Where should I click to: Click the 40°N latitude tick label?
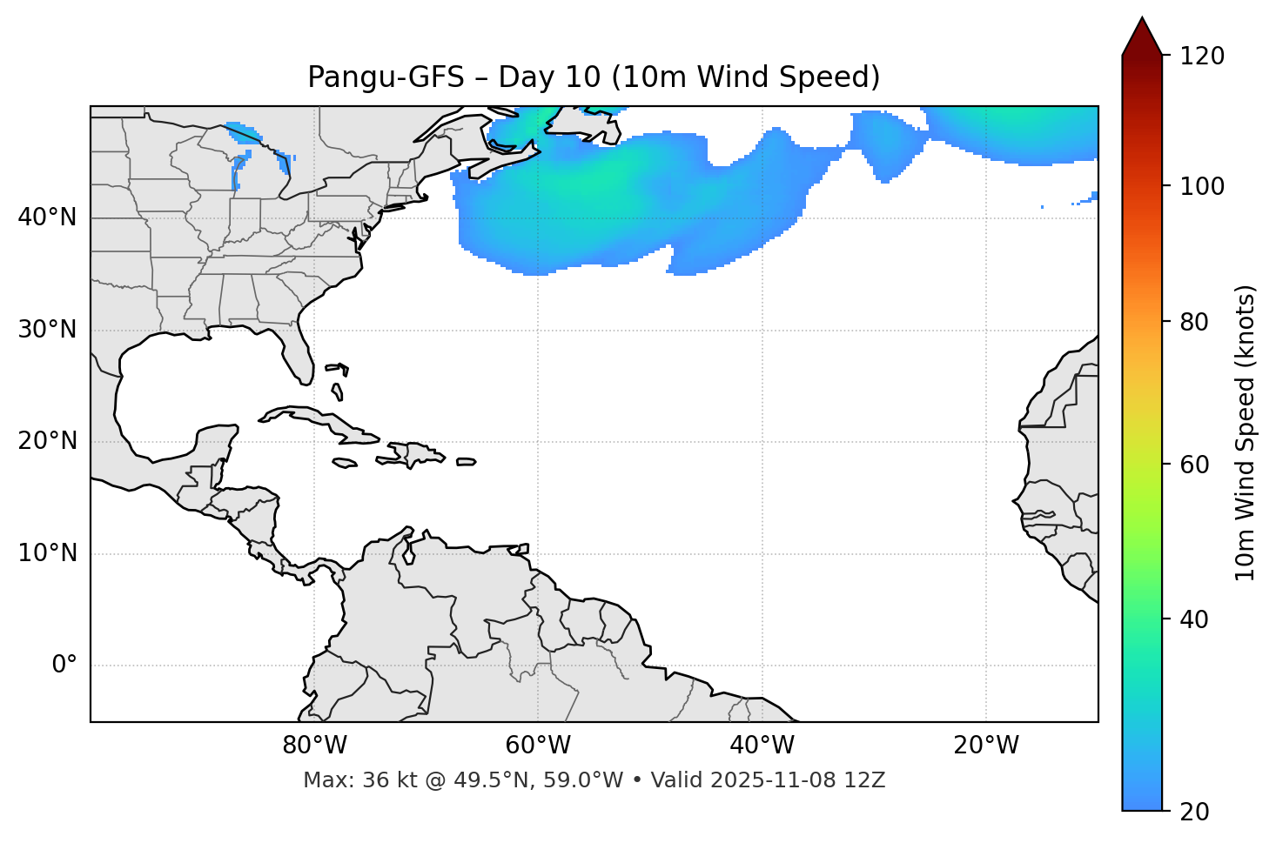click(x=47, y=217)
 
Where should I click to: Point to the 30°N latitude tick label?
click(x=47, y=330)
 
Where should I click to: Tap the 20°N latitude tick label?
click(x=47, y=441)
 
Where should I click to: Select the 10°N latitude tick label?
click(x=47, y=553)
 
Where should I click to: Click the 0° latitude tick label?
click(x=64, y=666)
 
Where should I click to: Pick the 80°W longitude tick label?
click(x=314, y=746)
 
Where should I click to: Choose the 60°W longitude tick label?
click(x=538, y=746)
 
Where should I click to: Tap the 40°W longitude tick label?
click(x=762, y=746)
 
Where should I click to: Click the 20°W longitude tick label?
click(x=986, y=746)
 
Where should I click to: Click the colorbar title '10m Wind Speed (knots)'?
click(x=1246, y=432)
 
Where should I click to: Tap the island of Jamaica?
click(x=346, y=464)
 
